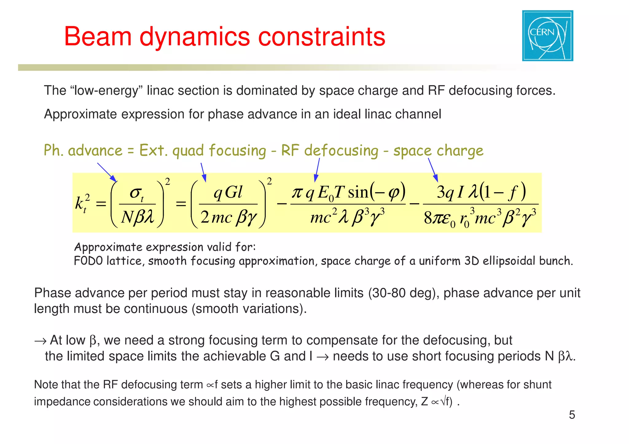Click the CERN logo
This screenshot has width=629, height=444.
tap(548, 36)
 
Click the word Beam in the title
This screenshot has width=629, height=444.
tap(98, 37)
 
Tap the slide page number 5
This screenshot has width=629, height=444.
tap(572, 415)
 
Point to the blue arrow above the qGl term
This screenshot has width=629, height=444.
tap(203, 172)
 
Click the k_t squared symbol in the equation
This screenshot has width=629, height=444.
tap(82, 203)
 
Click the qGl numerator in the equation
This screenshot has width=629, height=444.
tap(228, 193)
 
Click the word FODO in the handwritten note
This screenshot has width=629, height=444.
tap(88, 261)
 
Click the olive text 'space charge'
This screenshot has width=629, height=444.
tap(438, 151)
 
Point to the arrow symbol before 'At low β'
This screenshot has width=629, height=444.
tap(40, 341)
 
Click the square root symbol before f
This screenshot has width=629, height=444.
tap(443, 402)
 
